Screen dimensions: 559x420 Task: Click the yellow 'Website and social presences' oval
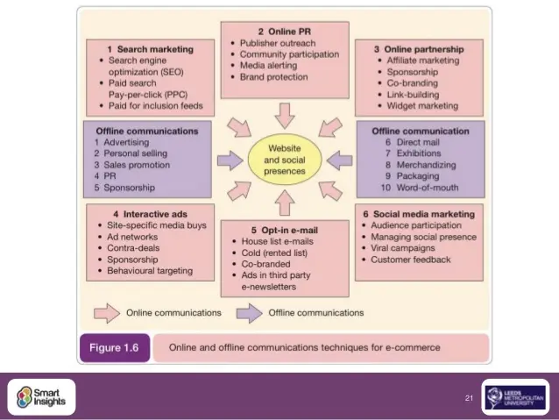tap(285, 160)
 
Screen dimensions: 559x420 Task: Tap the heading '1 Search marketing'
tap(151, 49)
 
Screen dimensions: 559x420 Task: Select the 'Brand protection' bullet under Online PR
tap(273, 77)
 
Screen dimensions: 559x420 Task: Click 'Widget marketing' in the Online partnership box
tap(422, 106)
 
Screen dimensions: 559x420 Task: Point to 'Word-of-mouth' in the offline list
tap(428, 188)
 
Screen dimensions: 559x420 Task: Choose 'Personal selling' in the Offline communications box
tap(136, 153)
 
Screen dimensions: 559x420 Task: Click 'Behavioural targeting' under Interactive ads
tap(150, 271)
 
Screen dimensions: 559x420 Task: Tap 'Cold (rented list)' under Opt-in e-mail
tap(274, 253)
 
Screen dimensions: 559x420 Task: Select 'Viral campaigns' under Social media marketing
tap(403, 248)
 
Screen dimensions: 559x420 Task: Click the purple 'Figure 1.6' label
tap(115, 348)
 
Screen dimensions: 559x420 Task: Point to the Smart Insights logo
tap(41, 397)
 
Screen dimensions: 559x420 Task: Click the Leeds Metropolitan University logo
tap(515, 397)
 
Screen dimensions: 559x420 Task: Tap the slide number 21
tap(469, 398)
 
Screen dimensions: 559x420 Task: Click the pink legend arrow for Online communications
tap(107, 313)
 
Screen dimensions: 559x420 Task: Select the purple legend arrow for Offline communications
tap(249, 313)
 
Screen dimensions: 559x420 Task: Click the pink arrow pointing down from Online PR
tap(285, 116)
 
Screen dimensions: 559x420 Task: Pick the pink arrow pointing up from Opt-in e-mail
tap(285, 203)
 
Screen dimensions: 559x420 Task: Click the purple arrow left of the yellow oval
tap(230, 160)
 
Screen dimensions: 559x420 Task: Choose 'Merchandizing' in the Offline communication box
tap(427, 165)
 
